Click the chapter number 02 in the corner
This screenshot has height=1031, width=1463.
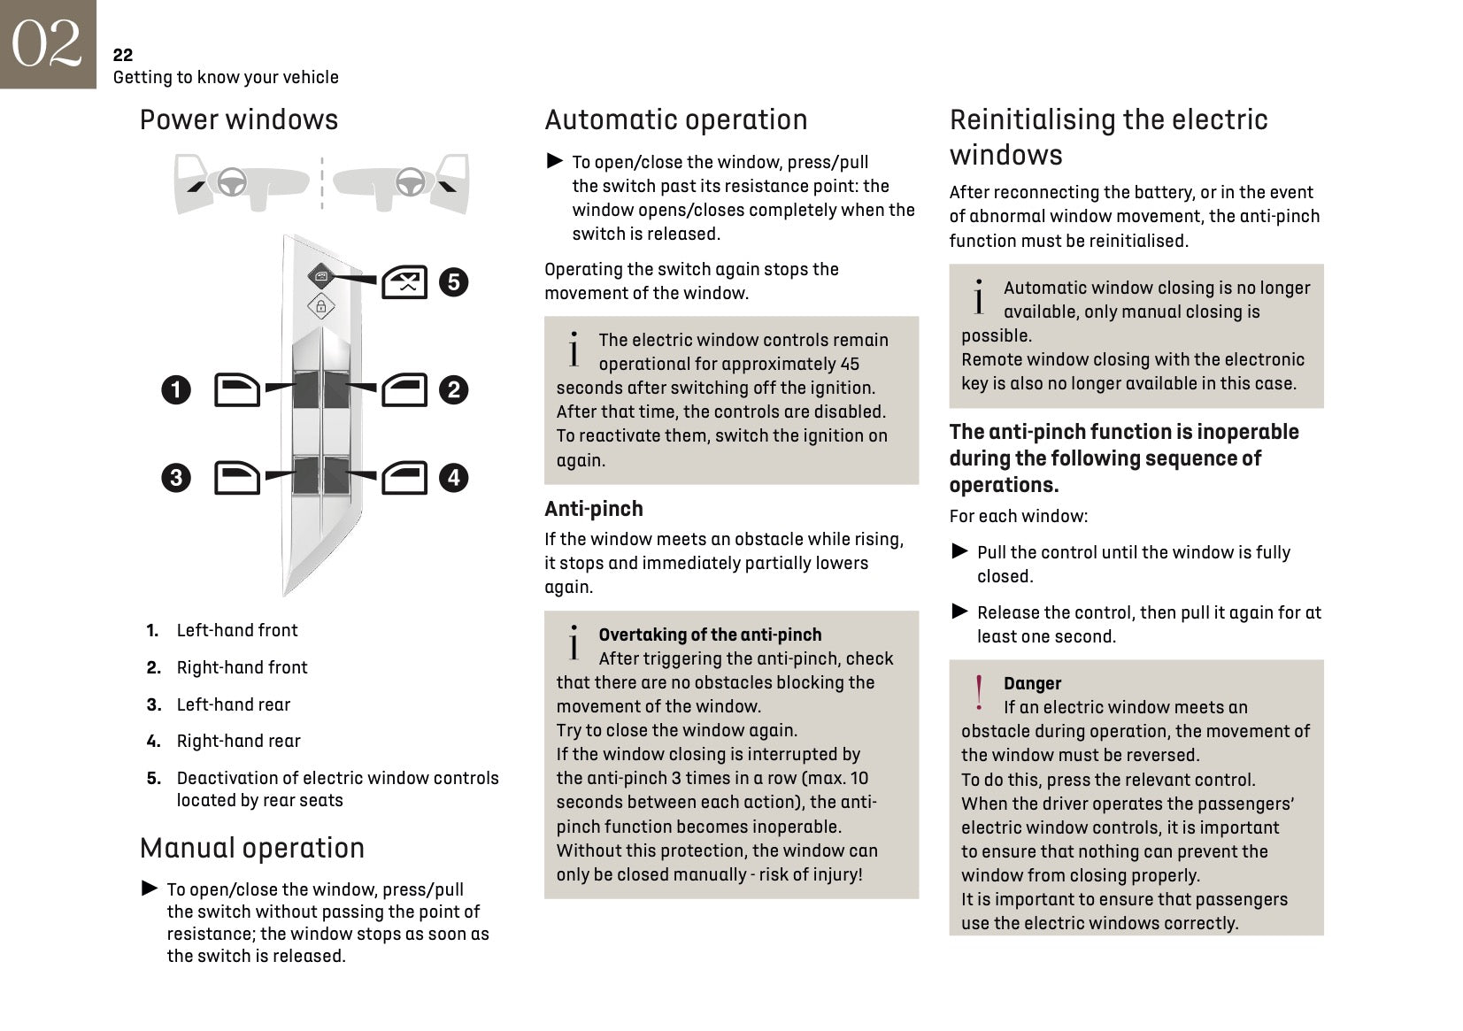[x=47, y=43]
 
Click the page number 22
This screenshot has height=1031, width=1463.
[x=123, y=55]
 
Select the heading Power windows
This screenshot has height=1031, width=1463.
[x=239, y=119]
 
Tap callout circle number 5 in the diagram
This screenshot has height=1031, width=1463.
[x=454, y=282]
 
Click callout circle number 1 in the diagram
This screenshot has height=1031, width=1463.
[x=176, y=389]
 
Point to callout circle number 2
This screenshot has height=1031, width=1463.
[x=454, y=389]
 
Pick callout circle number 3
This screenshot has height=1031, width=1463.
[x=176, y=478]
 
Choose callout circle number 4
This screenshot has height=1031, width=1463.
[x=454, y=478]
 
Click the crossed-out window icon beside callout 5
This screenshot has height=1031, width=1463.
[x=404, y=283]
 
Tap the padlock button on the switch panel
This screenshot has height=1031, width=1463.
[x=320, y=307]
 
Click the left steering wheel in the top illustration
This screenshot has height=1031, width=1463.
[x=232, y=182]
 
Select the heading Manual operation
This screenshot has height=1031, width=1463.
[x=252, y=848]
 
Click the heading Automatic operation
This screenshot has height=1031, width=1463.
[x=676, y=119]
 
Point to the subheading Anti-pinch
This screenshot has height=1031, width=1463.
[x=594, y=509]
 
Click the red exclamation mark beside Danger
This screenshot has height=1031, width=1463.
[x=979, y=693]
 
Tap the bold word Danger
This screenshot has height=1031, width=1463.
[x=1032, y=683]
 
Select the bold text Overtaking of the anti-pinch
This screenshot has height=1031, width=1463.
[x=710, y=635]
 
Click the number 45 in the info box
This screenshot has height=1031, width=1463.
[x=850, y=364]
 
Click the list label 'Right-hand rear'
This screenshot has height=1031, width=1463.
[x=239, y=741]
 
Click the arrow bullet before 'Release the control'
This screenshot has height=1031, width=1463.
[x=960, y=612]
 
